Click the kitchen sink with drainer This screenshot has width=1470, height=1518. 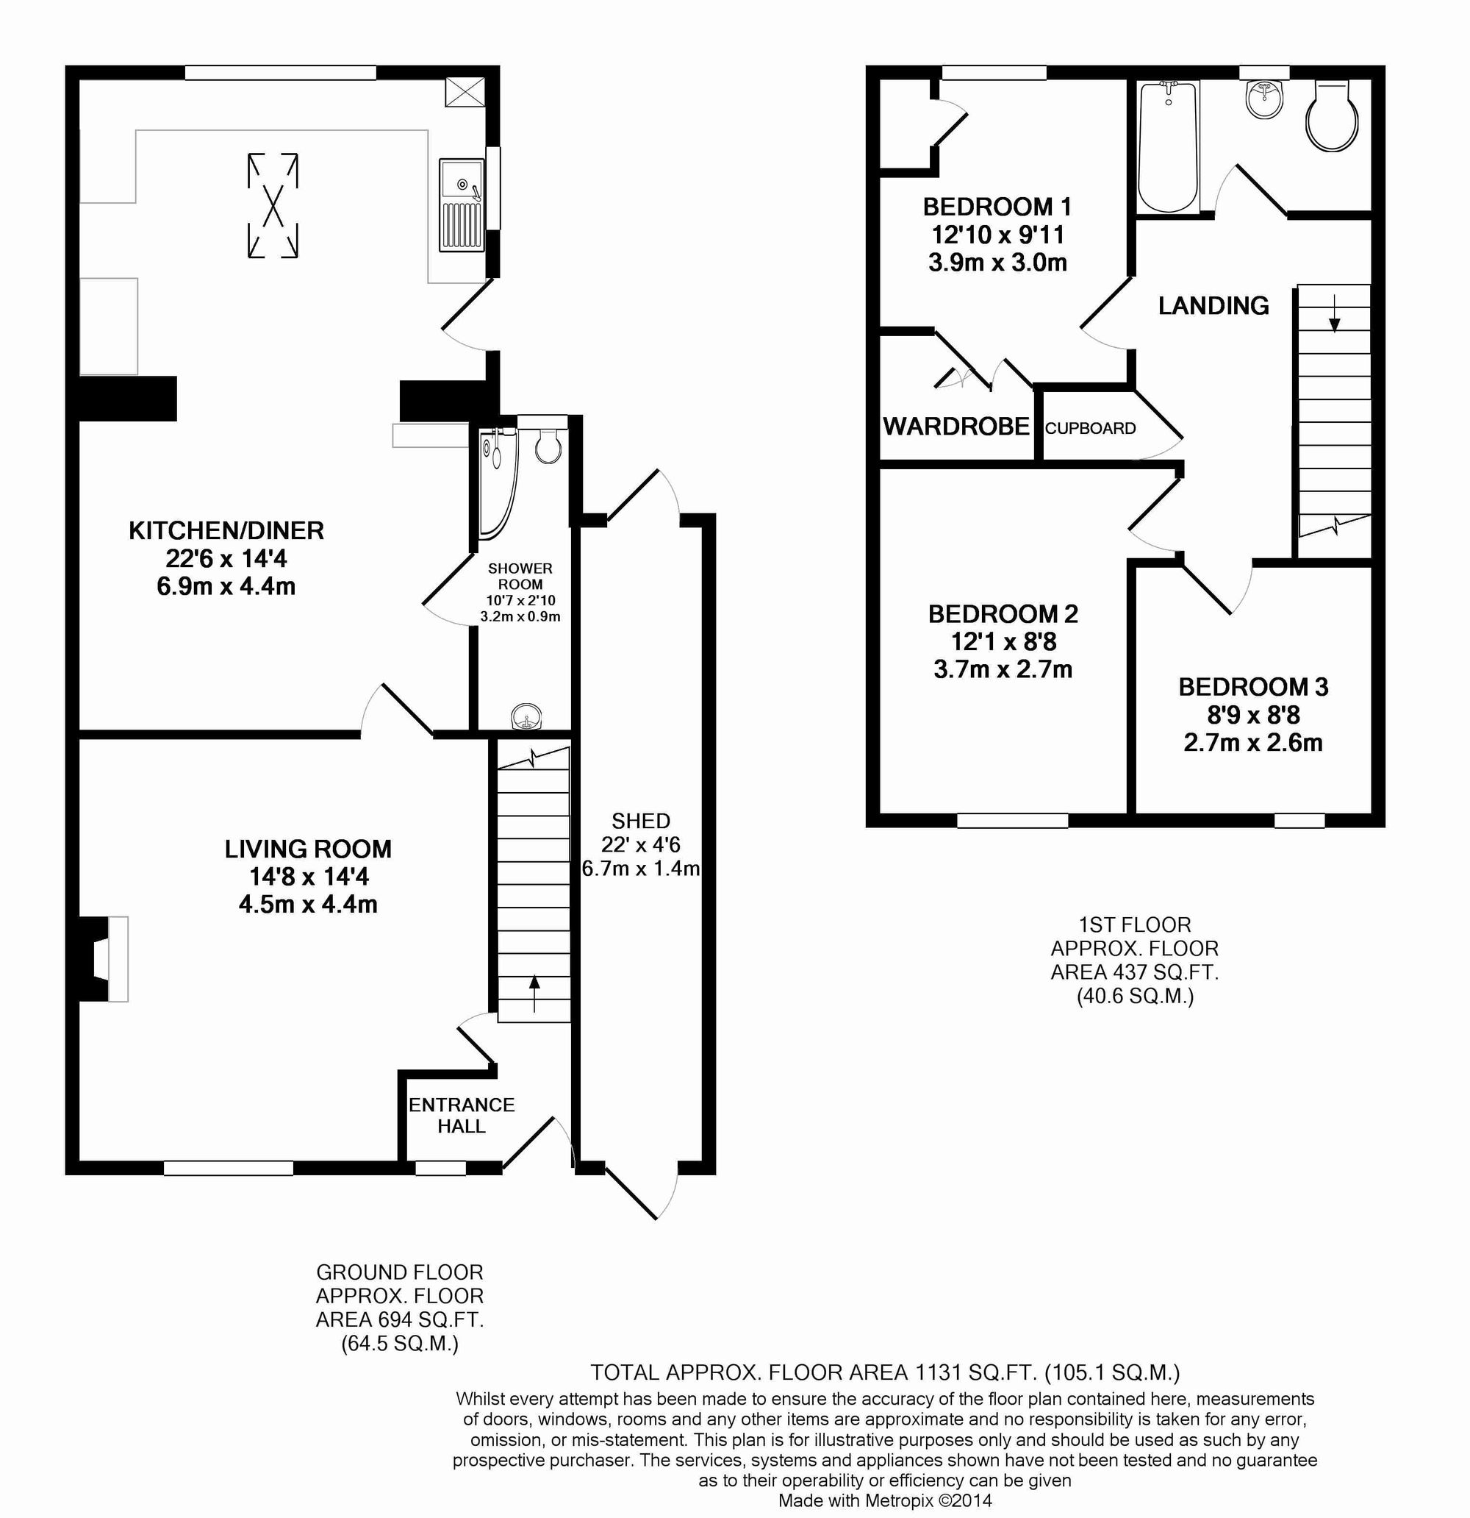462,204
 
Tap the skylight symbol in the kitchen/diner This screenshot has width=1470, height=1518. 273,205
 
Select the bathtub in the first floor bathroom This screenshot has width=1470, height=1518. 1168,147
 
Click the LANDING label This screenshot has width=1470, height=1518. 1213,306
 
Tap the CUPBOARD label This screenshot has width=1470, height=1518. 1090,428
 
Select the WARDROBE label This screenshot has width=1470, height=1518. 956,427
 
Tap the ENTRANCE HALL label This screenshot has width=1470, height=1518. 462,1115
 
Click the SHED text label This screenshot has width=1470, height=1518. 640,821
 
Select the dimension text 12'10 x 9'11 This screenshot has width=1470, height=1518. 997,235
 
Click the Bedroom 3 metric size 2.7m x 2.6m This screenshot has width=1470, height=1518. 1252,743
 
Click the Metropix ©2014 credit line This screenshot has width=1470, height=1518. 884,1501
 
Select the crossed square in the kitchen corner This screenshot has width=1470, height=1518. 464,93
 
